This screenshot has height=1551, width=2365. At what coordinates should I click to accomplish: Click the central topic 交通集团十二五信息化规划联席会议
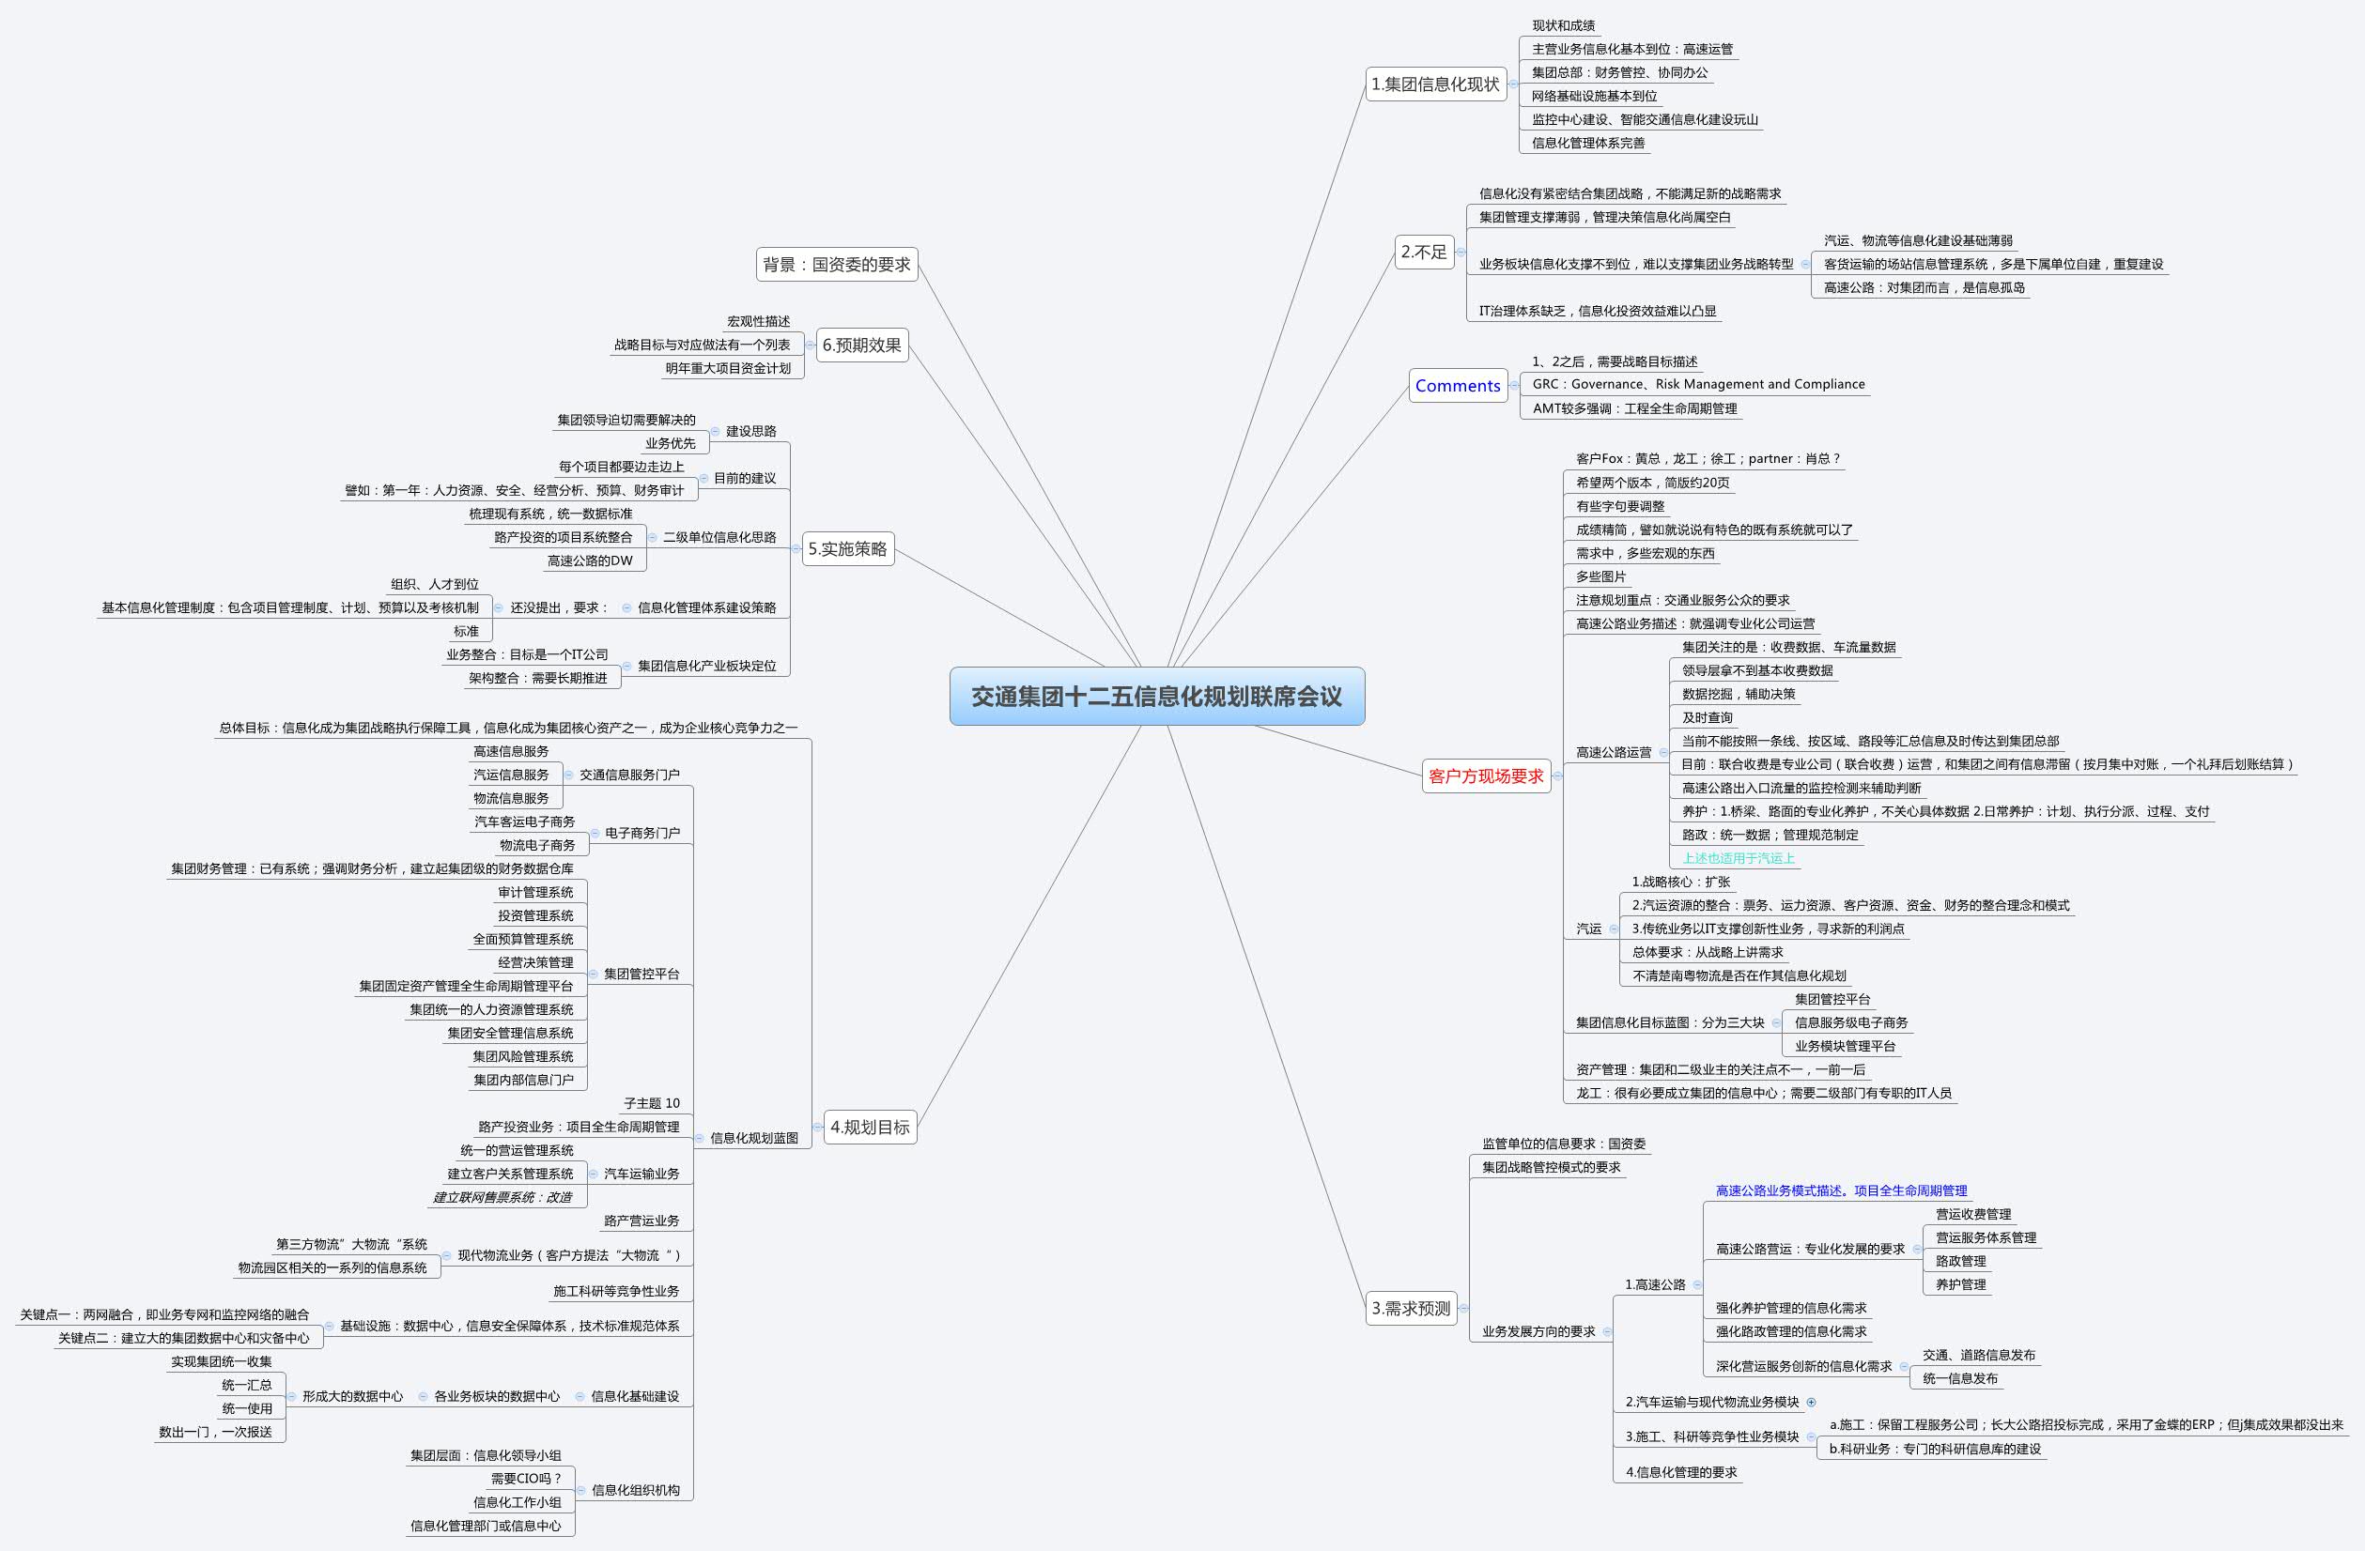[x=1155, y=697]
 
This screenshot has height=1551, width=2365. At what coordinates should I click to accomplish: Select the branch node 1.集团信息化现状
[x=1435, y=84]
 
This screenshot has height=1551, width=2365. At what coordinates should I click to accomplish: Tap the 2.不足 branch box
[x=1423, y=253]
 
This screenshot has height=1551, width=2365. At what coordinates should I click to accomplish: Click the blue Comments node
[x=1457, y=386]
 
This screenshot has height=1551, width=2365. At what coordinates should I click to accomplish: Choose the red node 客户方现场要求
[x=1486, y=776]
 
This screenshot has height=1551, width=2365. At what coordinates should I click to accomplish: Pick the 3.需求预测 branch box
[x=1411, y=1309]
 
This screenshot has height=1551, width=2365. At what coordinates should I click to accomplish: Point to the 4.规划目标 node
[x=870, y=1127]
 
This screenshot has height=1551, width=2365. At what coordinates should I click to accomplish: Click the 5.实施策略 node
[x=846, y=548]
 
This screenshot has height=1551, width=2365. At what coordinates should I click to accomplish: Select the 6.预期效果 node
[x=861, y=345]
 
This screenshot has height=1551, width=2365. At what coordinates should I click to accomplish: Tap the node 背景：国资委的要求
[x=836, y=265]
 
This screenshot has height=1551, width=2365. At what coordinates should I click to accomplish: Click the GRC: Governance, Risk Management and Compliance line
[x=1697, y=385]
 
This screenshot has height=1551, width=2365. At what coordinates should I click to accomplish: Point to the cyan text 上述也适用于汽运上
[x=1738, y=858]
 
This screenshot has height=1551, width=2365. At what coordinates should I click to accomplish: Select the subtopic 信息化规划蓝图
[x=753, y=1139]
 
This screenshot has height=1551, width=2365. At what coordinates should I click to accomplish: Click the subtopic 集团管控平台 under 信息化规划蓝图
[x=641, y=974]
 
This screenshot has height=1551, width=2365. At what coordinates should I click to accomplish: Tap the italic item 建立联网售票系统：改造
[x=502, y=1197]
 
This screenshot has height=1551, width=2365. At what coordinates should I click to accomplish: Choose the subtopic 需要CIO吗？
[x=526, y=1479]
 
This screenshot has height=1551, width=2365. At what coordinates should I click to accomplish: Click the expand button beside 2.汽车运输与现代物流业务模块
[x=1811, y=1402]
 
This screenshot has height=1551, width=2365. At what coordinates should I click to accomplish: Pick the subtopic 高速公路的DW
[x=589, y=561]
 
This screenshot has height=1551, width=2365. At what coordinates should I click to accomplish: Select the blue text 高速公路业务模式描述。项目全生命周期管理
[x=1840, y=1190]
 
